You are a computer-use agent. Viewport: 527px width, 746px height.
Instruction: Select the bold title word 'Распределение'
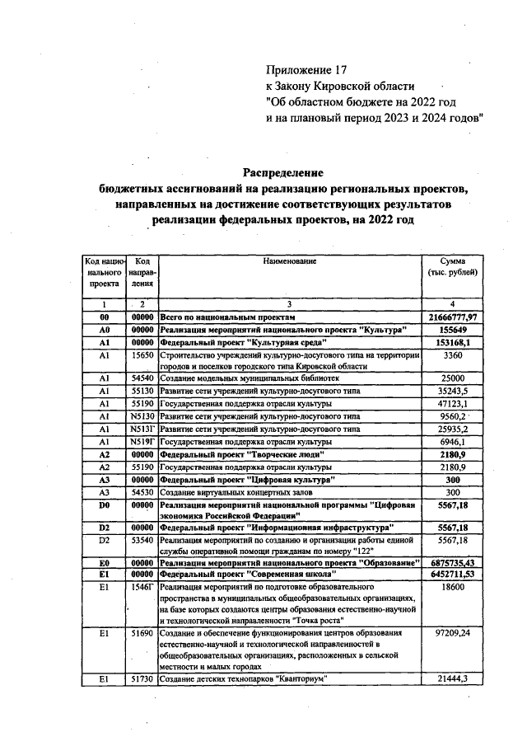tap(282, 172)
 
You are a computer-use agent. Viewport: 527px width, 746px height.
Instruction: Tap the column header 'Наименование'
tap(290, 261)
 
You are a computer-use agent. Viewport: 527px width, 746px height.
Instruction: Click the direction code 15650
tap(142, 354)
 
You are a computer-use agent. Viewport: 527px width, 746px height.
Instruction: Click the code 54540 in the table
tap(142, 378)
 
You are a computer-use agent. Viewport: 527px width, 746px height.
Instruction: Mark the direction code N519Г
tap(142, 442)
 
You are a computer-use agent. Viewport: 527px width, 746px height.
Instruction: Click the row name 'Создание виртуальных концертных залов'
tap(228, 492)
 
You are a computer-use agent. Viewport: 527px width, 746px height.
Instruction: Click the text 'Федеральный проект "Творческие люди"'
tap(241, 454)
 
